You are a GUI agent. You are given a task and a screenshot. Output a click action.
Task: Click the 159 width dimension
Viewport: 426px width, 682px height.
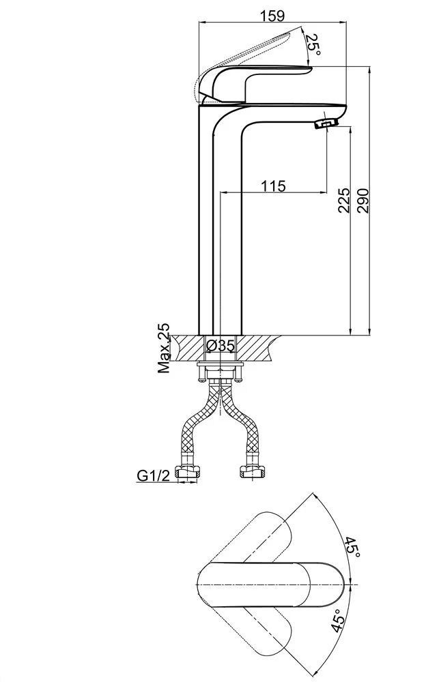pyautogui.click(x=272, y=16)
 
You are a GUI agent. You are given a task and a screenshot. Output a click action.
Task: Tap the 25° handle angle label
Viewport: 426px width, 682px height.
pyautogui.click(x=313, y=45)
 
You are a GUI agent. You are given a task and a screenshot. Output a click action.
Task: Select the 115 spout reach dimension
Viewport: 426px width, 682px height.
pyautogui.click(x=273, y=186)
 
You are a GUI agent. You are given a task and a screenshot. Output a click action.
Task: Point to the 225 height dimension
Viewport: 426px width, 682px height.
pyautogui.click(x=344, y=200)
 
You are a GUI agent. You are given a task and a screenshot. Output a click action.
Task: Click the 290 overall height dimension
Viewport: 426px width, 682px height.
pyautogui.click(x=363, y=200)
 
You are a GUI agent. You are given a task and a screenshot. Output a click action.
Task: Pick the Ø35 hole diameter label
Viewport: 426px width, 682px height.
pyautogui.click(x=221, y=345)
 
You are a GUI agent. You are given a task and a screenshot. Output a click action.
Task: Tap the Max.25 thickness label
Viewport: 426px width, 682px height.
pyautogui.click(x=164, y=349)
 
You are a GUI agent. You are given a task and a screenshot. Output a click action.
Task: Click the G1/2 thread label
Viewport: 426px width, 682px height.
pyautogui.click(x=153, y=475)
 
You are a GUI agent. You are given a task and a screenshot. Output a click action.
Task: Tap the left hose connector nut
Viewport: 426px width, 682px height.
pyautogui.click(x=188, y=473)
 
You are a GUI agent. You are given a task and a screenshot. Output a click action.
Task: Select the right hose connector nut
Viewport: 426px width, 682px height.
pyautogui.click(x=252, y=473)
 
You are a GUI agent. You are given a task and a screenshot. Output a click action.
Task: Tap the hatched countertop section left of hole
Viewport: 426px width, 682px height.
pyautogui.click(x=188, y=349)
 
